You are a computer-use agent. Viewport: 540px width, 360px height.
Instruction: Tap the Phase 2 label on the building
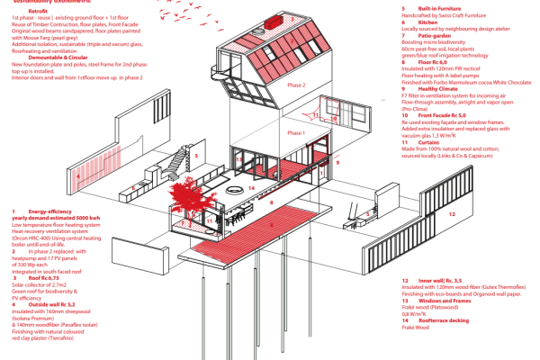[297, 85]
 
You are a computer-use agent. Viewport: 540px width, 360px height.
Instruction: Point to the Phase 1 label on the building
[296, 132]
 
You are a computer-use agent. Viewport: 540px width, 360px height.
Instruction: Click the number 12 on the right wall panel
[451, 214]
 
